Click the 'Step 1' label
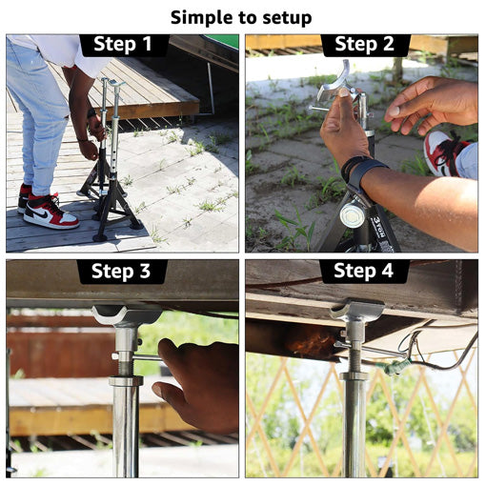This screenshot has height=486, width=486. pos(123,44)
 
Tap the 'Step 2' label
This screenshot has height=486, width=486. pos(364,44)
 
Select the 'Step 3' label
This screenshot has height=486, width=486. pos(121,271)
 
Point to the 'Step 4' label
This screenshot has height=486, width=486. pos(363,271)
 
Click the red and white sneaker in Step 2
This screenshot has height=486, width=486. pos(444,153)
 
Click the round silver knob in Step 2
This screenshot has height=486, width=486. pos(351,215)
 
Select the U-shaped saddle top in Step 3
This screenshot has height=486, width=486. pos(127,314)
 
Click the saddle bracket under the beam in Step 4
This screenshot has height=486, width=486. pos(356,309)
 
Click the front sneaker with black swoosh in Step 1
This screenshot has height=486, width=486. pos(51,212)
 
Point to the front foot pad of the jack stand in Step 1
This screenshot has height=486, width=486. pos(101,237)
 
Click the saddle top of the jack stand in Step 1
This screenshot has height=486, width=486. pos(116,84)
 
